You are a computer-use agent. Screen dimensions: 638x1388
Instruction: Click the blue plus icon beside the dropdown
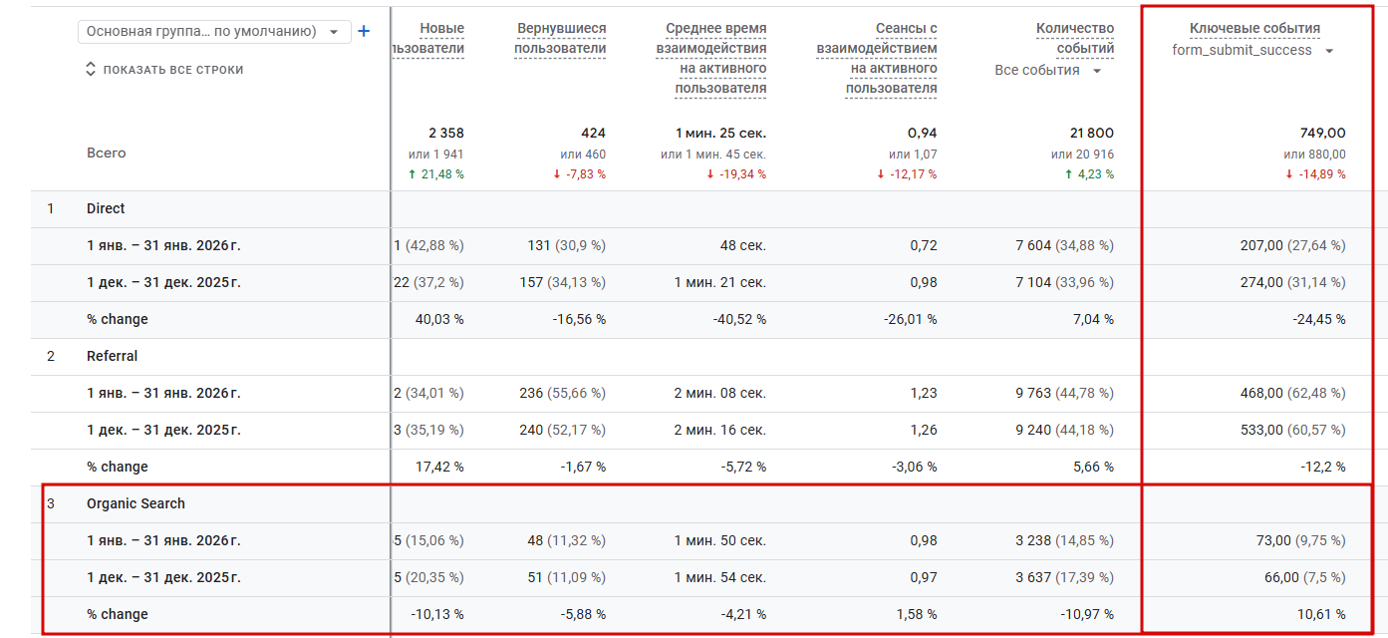point(364,32)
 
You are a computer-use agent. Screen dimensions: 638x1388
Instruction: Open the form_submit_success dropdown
point(1253,51)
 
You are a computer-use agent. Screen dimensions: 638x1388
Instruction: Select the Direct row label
point(106,208)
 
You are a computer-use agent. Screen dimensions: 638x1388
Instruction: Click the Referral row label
point(112,356)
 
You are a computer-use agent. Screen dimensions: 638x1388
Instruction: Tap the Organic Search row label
point(136,503)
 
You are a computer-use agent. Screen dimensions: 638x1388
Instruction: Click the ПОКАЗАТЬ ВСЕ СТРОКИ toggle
point(164,70)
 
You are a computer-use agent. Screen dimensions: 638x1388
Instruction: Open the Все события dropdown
point(1048,71)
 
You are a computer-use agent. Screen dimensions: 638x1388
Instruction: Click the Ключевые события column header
point(1254,29)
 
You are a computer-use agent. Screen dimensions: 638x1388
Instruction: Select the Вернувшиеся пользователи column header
point(560,39)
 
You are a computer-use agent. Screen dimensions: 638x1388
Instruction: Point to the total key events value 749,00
point(1322,133)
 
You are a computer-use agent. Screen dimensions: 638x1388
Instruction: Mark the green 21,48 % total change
point(436,174)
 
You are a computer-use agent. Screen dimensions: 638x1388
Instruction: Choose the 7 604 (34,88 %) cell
point(1064,245)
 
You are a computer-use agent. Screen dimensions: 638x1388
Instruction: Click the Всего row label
point(106,154)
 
